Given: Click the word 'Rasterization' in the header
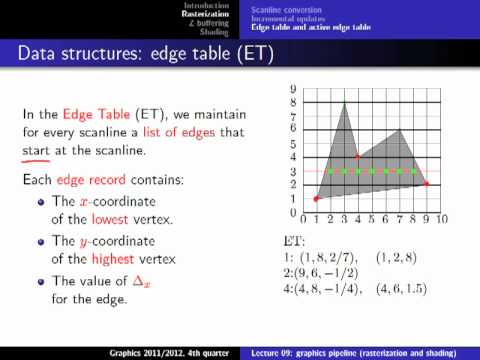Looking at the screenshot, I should point(207,15).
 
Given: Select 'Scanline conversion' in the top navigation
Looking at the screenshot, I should point(277,8).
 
